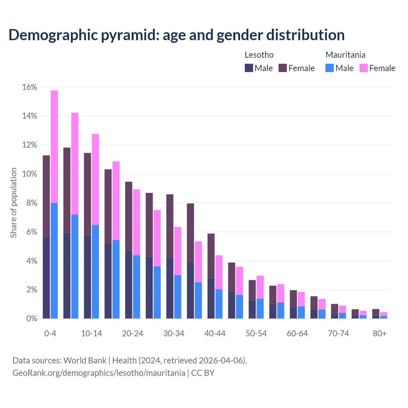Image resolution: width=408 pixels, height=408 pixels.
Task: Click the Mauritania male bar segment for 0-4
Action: (54, 261)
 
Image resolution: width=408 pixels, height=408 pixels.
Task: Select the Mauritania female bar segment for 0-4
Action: (54, 147)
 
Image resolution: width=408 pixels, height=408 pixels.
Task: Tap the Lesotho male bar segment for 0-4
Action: (46, 277)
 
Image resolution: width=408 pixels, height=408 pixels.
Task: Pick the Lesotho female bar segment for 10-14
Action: (87, 194)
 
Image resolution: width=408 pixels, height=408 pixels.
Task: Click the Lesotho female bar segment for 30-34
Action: (170, 226)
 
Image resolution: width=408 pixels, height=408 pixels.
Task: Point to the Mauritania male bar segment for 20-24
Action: (136, 287)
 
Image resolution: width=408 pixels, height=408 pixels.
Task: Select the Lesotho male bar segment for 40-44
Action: (211, 298)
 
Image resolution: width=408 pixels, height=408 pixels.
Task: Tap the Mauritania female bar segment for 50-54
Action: (260, 287)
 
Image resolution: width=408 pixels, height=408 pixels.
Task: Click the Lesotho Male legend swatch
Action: (249, 68)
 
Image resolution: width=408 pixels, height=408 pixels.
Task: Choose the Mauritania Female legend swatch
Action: (363, 68)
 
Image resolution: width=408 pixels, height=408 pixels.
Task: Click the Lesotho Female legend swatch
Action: (283, 68)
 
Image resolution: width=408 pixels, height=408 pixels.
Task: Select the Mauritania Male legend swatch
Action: (330, 68)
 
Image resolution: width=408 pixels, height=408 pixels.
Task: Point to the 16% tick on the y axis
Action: (30, 87)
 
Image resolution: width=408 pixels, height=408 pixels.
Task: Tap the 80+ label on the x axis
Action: (380, 333)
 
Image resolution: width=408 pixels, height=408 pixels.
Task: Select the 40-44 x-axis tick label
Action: (215, 333)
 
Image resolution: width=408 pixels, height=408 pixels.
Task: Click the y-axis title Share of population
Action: (13, 203)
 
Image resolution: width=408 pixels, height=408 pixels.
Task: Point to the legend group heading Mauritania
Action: (345, 55)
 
